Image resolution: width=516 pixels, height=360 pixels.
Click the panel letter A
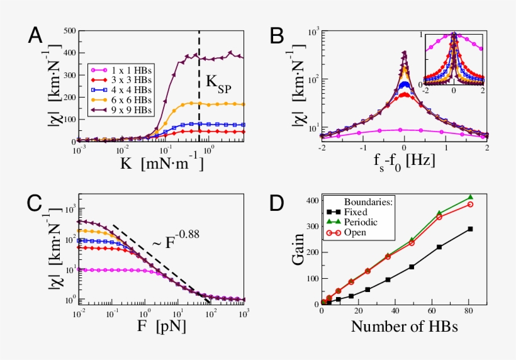point(36,36)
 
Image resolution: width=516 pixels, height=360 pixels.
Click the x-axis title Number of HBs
point(404,327)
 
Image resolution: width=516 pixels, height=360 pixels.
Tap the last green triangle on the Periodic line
point(469,198)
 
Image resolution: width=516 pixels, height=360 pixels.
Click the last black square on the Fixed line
point(469,229)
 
